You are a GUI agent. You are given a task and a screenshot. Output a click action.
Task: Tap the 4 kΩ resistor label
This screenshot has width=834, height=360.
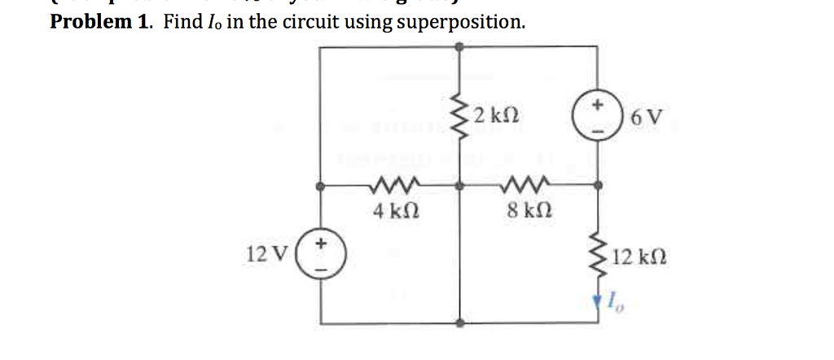tap(390, 211)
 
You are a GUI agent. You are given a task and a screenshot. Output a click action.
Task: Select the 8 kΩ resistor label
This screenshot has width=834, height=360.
tap(525, 211)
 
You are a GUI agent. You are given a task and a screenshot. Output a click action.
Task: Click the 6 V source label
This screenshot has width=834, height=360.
tap(647, 119)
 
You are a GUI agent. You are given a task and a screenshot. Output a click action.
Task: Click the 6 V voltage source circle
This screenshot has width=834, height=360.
tap(599, 118)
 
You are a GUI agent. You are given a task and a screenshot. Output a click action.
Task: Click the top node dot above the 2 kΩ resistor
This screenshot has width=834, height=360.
tap(461, 47)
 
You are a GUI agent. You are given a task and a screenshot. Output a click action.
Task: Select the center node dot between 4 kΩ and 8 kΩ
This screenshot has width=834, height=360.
tap(461, 187)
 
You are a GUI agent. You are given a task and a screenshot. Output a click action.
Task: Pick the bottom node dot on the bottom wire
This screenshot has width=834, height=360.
tap(461, 323)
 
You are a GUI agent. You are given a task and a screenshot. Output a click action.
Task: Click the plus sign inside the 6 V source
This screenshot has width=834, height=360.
tap(599, 106)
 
